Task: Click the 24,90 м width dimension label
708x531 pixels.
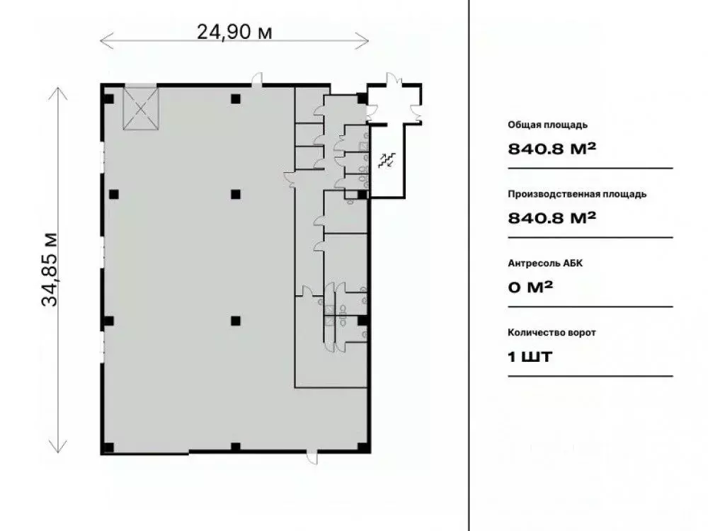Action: [x=234, y=31]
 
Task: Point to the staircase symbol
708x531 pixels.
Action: [x=387, y=161]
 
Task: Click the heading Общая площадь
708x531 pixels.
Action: [x=547, y=125]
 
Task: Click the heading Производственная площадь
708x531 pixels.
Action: [x=576, y=194]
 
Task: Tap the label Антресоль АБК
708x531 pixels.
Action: [x=545, y=263]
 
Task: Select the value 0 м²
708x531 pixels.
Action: [x=530, y=287]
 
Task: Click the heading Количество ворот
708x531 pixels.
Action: [x=552, y=332]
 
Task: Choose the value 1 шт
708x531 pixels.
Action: [x=530, y=356]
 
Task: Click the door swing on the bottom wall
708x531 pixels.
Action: [x=312, y=457]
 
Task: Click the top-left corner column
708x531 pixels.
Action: [x=108, y=98]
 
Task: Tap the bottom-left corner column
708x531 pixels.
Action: [x=108, y=447]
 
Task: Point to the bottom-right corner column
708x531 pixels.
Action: [x=362, y=447]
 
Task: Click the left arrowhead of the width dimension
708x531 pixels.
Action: [x=103, y=40]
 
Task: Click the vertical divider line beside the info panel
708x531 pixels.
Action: [x=469, y=265]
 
